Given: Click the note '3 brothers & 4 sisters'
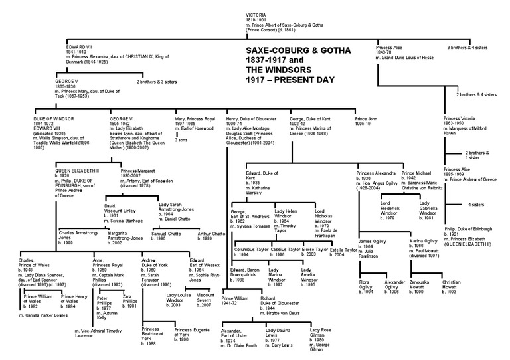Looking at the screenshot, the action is [x=471, y=47].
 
